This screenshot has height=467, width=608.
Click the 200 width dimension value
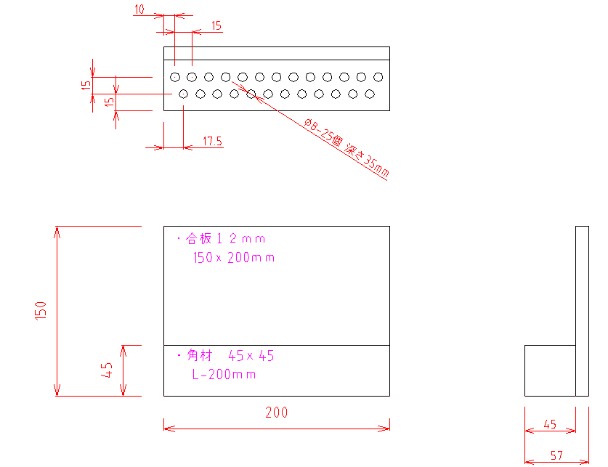click(x=277, y=412)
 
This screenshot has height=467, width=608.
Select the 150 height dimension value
click(x=41, y=311)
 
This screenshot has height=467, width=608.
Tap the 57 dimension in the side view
click(x=556, y=455)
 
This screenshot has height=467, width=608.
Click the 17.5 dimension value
click(x=213, y=141)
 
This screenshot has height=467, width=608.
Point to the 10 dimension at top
click(x=139, y=9)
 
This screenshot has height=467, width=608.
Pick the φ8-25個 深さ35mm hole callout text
click(x=346, y=147)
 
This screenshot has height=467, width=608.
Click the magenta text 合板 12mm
click(x=225, y=239)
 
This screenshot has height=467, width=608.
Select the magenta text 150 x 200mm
click(x=234, y=257)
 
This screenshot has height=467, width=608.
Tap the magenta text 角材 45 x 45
click(x=230, y=355)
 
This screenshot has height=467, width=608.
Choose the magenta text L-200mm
click(x=224, y=374)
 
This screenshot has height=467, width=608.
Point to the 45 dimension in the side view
click(x=550, y=424)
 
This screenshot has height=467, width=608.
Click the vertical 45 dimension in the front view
click(x=106, y=370)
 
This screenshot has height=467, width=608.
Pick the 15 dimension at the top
click(x=216, y=26)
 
